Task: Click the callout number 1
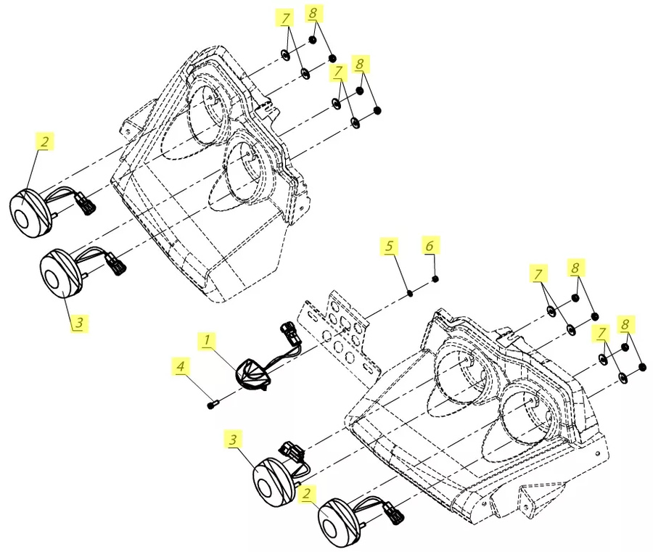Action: [x=207, y=340]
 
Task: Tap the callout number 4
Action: [x=181, y=367]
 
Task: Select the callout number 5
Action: [x=389, y=246]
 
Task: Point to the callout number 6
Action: [x=430, y=245]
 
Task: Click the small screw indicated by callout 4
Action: [x=212, y=404]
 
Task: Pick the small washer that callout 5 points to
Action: [x=410, y=294]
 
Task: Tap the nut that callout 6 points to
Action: [x=435, y=279]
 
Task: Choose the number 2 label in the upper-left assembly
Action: [x=45, y=141]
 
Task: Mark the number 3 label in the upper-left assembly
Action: [x=80, y=322]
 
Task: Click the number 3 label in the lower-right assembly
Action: [x=233, y=439]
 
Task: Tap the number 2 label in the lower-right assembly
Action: [x=307, y=494]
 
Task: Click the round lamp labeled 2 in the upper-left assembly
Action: [x=30, y=213]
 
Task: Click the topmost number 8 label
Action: [x=313, y=13]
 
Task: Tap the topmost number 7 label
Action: [x=285, y=19]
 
